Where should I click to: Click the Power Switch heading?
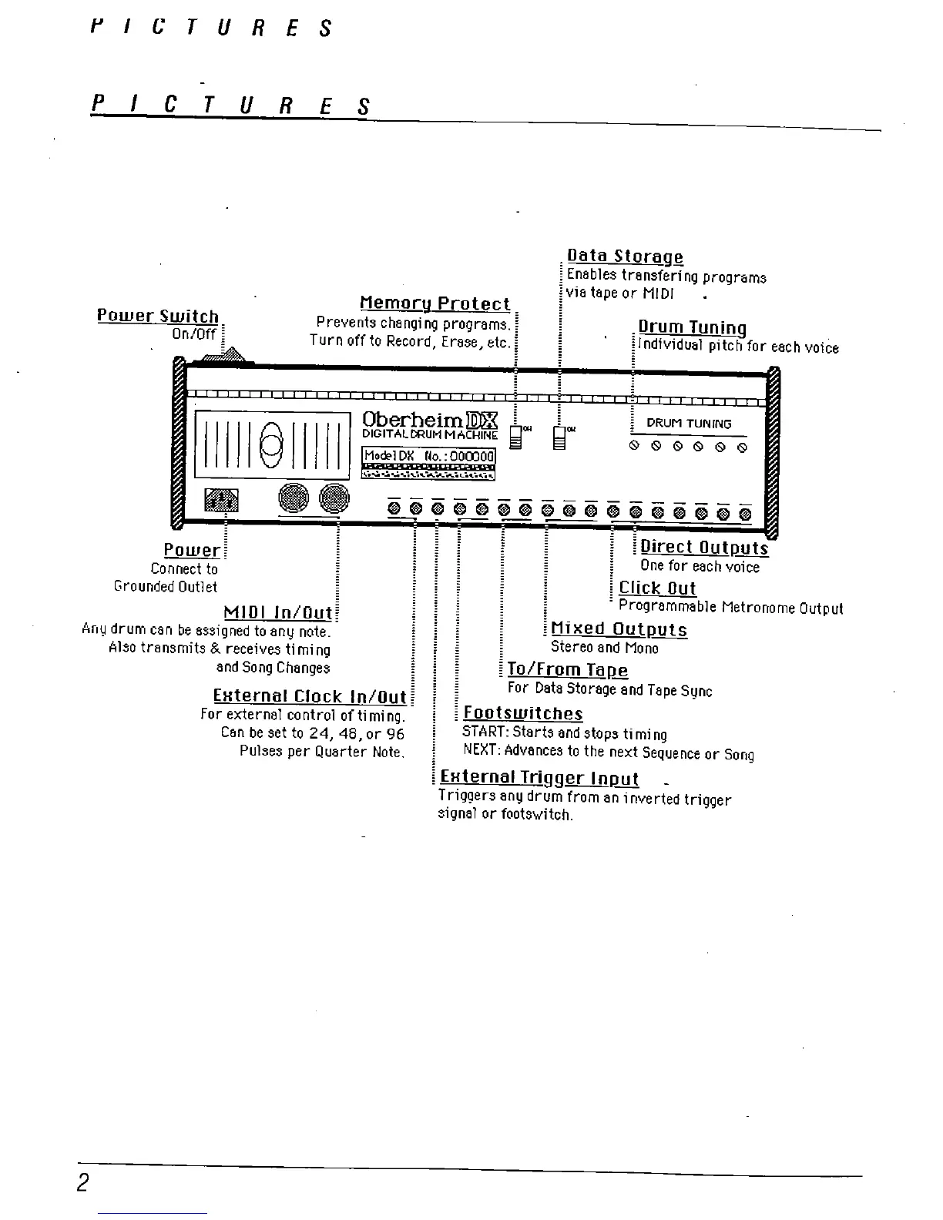coord(158,317)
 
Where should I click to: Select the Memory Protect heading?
coord(435,304)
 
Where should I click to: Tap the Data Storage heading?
coord(625,256)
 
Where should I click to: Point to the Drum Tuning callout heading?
coord(692,329)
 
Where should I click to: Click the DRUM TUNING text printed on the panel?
coord(689,423)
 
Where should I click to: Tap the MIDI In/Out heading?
coord(277,613)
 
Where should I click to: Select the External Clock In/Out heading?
coord(309,697)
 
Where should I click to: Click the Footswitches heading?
coord(523,714)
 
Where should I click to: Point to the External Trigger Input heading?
coord(539,779)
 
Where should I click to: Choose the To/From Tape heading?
coord(568,671)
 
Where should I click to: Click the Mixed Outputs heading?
coord(619,630)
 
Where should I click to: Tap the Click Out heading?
coord(657,588)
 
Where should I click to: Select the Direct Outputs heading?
coord(704,548)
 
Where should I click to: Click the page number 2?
coord(84,1182)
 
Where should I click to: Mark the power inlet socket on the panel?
coord(221,501)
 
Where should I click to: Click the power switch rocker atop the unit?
coord(225,356)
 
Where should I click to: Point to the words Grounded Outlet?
coord(166,587)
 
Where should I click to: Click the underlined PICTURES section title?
coord(231,106)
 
